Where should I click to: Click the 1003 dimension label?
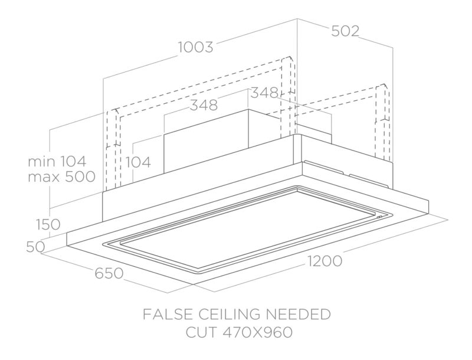point(196,47)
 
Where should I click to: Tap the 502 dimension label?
point(345,31)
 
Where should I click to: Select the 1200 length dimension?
point(325,261)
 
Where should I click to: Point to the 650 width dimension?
point(109,273)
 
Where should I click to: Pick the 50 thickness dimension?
point(35,247)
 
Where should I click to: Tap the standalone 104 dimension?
point(138,162)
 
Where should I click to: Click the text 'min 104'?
point(57,162)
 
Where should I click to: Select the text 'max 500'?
point(61,176)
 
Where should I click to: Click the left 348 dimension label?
point(204,105)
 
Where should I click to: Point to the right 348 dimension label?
point(264,93)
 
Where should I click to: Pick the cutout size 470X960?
point(258,333)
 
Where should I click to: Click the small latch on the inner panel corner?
point(379,217)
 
